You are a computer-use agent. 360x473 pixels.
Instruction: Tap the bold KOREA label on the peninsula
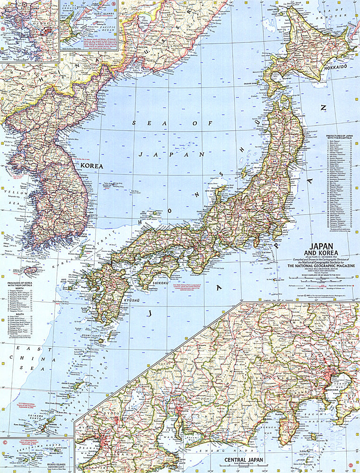tap(91, 166)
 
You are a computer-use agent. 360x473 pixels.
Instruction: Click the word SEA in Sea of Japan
tap(140, 123)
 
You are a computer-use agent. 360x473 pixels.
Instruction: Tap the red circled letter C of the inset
tap(4, 443)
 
